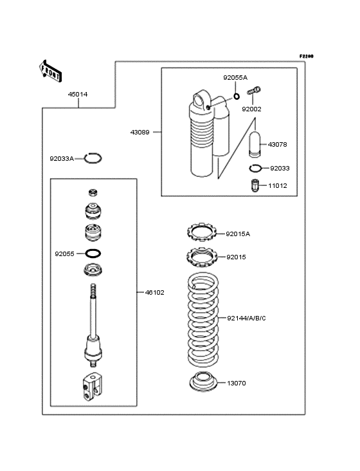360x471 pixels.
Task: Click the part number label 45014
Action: click(78, 95)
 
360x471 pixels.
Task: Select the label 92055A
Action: click(235, 77)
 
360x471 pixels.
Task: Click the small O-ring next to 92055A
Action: click(237, 97)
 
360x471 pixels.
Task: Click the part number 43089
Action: click(139, 132)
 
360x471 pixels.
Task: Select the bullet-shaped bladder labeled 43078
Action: click(256, 144)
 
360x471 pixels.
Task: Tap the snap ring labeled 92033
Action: click(256, 169)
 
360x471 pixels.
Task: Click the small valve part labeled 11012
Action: click(255, 186)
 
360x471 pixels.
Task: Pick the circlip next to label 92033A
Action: click(93, 158)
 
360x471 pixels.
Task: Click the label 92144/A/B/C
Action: click(246, 318)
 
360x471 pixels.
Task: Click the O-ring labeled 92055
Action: click(93, 253)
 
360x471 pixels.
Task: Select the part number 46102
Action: click(154, 292)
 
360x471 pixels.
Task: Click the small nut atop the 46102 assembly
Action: click(93, 192)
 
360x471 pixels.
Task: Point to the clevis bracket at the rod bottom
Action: click(93, 389)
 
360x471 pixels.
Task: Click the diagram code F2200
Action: click(305, 57)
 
